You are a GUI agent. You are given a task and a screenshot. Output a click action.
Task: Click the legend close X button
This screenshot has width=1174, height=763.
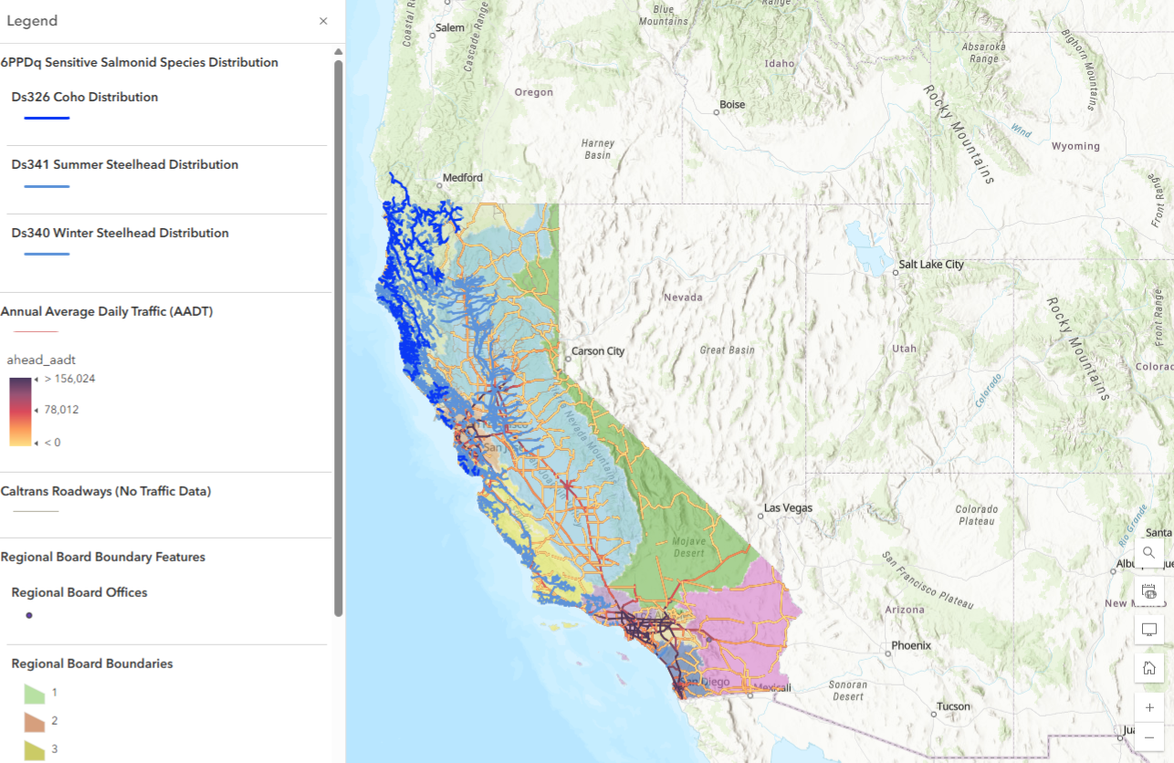[323, 21]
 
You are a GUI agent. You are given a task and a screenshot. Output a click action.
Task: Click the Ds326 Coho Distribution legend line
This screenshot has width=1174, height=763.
[47, 118]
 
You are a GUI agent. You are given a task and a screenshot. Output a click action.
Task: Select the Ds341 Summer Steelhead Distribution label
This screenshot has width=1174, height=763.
[124, 165]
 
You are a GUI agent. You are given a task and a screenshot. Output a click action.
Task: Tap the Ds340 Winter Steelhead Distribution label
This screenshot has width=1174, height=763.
[120, 233]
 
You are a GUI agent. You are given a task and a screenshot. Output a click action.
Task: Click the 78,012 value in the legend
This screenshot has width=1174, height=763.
[61, 410]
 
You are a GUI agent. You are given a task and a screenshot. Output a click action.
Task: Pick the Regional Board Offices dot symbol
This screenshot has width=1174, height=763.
[29, 615]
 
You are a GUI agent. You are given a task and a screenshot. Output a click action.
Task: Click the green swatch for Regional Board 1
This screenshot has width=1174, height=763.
[34, 694]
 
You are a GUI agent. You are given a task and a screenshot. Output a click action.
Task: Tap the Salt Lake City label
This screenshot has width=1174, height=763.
[930, 265]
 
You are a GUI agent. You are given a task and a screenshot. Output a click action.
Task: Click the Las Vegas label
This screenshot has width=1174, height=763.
[788, 507]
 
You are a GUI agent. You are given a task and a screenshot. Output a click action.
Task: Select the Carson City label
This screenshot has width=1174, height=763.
[597, 351]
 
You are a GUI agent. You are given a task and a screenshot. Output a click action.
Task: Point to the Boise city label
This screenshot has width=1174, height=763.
[732, 105]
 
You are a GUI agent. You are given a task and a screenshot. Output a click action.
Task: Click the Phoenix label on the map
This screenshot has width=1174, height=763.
[911, 645]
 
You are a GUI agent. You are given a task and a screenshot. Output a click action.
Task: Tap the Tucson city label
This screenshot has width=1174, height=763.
[953, 707]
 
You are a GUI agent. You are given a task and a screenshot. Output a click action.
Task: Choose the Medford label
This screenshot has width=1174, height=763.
[461, 178]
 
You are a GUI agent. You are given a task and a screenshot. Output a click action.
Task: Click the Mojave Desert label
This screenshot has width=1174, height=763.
[689, 547]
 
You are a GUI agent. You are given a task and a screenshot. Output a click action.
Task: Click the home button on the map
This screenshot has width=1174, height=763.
[1149, 668]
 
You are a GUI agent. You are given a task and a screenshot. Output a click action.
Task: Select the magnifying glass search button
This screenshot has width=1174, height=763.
[1149, 552]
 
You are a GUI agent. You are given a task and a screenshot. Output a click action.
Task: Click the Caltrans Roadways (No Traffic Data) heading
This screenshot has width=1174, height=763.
[106, 491]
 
